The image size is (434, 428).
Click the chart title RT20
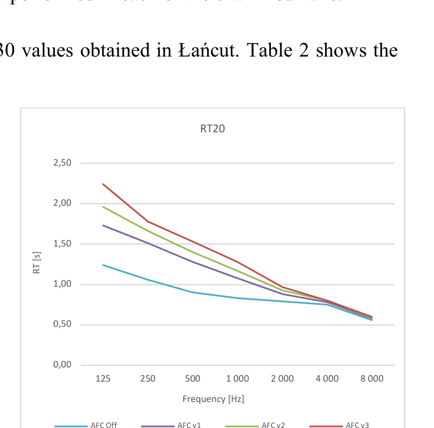point(212,129)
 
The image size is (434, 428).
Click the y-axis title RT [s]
point(37,263)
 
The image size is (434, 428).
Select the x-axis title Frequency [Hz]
point(213,399)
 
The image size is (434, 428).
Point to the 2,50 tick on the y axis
point(62,163)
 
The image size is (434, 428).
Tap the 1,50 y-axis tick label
point(62,244)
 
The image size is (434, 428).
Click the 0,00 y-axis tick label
point(62,365)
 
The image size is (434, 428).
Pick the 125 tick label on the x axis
point(103,379)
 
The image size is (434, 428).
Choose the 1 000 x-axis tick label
point(237,379)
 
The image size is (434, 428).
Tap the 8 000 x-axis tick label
point(371,379)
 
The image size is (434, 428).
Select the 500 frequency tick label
point(192,379)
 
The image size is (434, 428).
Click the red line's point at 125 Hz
point(103,184)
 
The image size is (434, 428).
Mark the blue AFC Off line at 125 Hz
point(103,265)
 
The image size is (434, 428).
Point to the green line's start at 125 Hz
point(103,206)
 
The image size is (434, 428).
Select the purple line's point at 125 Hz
point(103,225)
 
